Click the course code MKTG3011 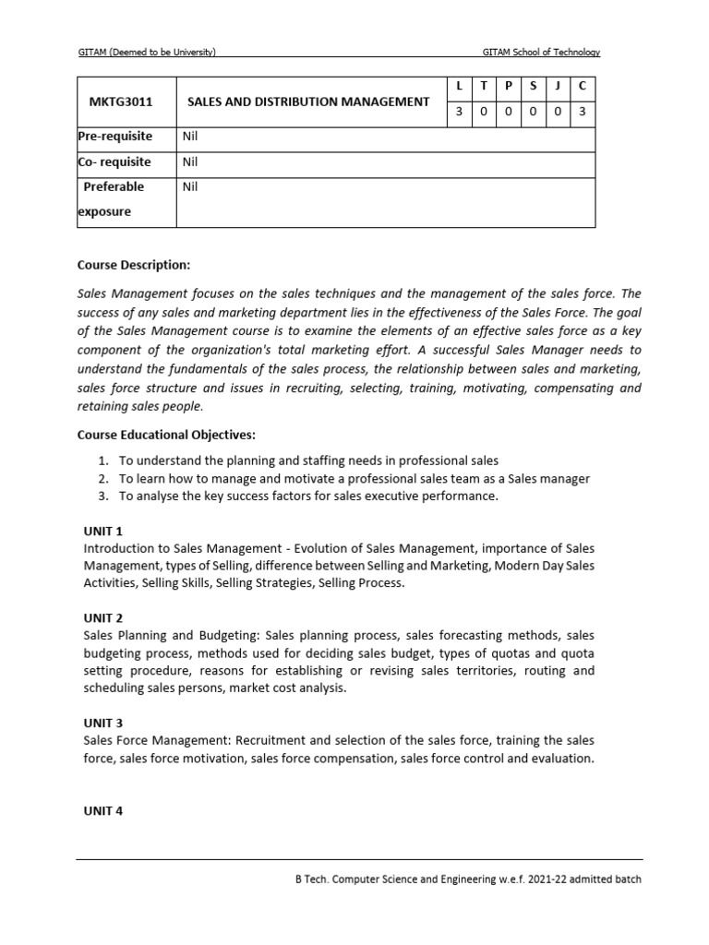click(115, 102)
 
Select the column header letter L click(459, 86)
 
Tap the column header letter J click(558, 86)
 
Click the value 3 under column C click(583, 112)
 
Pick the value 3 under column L click(459, 112)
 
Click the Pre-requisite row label click(116, 137)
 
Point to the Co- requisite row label click(115, 161)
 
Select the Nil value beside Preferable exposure click(191, 186)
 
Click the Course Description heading click(134, 266)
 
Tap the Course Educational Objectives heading click(166, 435)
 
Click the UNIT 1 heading click(103, 532)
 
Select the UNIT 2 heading click(103, 618)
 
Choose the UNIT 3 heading click(103, 723)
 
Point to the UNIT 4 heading click(103, 811)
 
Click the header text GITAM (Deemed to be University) click(152, 53)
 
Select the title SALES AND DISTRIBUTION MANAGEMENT click(308, 102)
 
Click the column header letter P click(508, 86)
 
